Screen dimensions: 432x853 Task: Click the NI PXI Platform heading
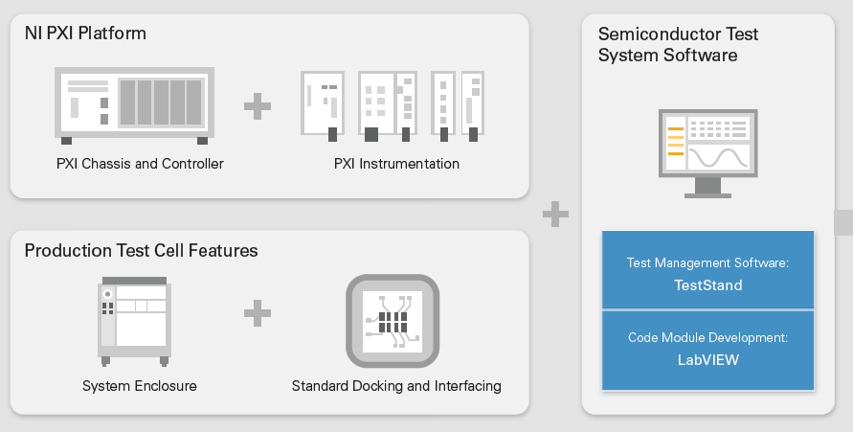coord(85,34)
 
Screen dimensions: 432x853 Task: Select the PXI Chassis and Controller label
coord(140,164)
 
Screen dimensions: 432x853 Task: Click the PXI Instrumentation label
coord(396,164)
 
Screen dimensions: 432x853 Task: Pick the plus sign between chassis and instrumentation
coord(257,105)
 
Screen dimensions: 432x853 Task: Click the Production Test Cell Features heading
coord(141,251)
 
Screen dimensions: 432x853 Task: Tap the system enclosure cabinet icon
coord(133,322)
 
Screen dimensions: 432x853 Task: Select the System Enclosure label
coord(140,386)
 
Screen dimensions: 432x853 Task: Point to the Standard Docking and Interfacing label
coord(396,386)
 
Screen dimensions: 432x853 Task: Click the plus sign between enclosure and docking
coord(257,312)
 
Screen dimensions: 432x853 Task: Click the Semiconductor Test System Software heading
coord(678,44)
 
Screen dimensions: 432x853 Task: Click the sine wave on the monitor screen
coord(720,156)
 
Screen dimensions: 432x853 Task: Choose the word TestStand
coord(707,285)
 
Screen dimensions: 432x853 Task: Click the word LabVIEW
coord(707,361)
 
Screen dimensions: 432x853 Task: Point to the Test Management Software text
coord(707,262)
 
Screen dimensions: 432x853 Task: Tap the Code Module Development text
coord(707,338)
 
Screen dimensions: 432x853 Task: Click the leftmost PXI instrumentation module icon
coord(323,103)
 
